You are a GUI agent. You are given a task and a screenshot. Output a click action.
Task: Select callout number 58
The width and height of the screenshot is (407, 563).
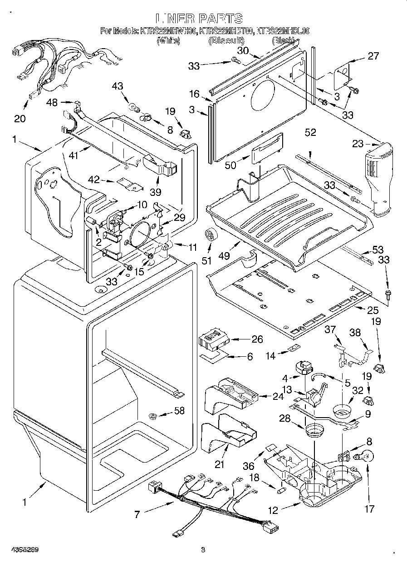[x=180, y=411]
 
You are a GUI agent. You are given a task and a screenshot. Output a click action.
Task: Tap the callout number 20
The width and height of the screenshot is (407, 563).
[x=20, y=119]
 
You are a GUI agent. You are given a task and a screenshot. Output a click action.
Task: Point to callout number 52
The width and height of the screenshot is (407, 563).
[x=310, y=132]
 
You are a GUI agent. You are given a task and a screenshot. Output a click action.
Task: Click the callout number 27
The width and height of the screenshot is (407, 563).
[x=373, y=56]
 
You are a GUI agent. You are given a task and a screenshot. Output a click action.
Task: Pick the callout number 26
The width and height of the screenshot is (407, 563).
[x=257, y=339]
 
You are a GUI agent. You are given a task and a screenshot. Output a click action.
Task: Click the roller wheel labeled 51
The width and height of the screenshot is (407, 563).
[x=210, y=235]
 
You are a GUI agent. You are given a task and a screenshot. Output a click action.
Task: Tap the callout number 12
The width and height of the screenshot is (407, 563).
[x=272, y=510]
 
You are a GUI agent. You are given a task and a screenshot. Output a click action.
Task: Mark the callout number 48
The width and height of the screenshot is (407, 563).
[x=52, y=103]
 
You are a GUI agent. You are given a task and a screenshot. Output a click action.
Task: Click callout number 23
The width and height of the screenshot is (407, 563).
[x=358, y=144]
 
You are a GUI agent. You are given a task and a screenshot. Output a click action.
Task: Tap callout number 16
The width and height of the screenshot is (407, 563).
[x=194, y=94]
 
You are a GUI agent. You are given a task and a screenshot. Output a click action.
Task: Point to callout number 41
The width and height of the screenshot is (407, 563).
[x=73, y=155]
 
